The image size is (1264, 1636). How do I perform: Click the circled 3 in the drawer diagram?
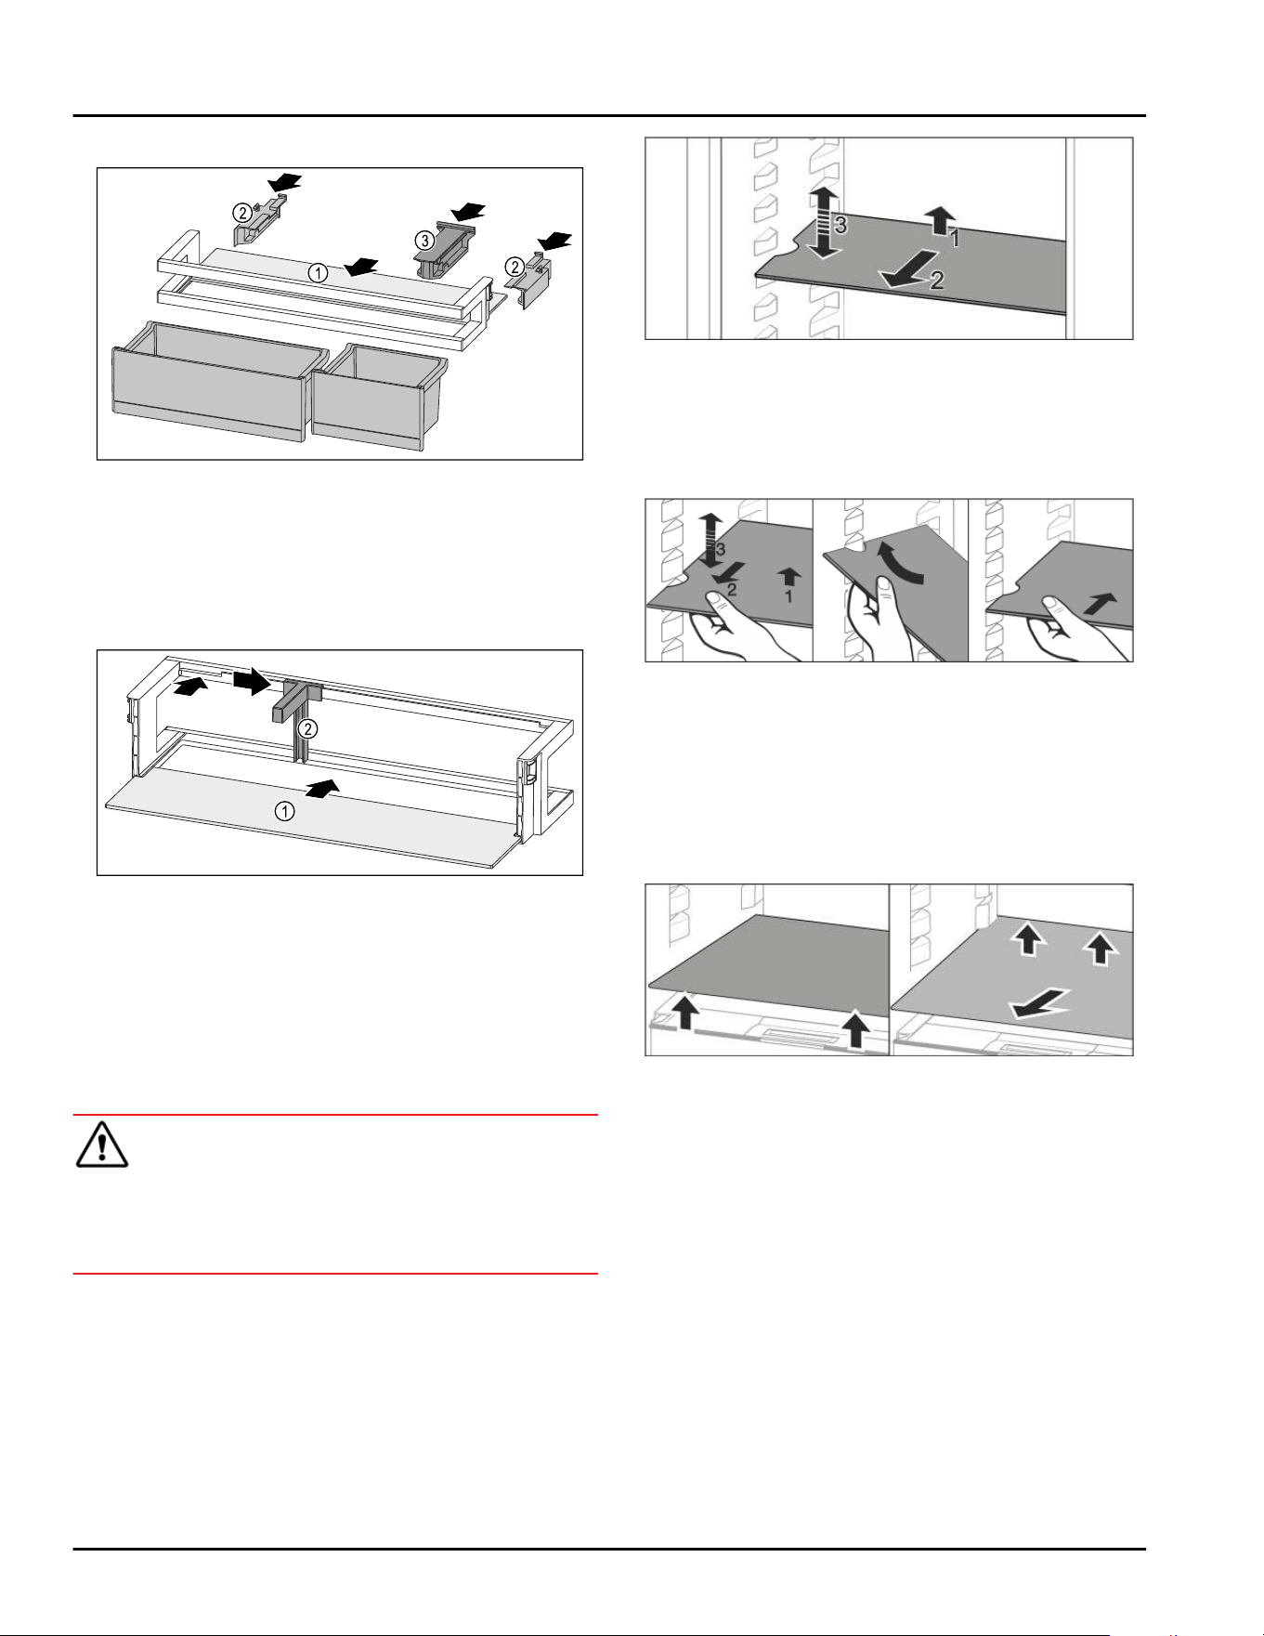click(x=424, y=241)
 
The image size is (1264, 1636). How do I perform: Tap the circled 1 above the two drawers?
click(x=318, y=273)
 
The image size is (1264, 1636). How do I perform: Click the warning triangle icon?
click(x=101, y=1145)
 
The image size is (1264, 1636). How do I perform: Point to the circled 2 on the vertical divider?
click(x=307, y=728)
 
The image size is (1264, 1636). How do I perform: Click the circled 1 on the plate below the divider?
click(x=284, y=811)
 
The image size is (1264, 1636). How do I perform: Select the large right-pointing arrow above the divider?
click(x=251, y=682)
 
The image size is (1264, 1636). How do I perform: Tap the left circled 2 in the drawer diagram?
click(x=241, y=213)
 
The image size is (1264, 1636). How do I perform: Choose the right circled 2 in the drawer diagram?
click(x=514, y=268)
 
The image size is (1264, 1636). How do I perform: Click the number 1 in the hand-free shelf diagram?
click(x=954, y=239)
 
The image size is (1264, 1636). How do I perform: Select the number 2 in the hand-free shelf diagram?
click(x=936, y=280)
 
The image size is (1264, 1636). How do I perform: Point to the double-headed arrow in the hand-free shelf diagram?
click(x=820, y=221)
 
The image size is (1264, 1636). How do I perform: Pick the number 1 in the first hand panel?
click(x=788, y=596)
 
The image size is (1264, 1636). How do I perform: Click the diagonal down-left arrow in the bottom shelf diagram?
click(x=1040, y=1003)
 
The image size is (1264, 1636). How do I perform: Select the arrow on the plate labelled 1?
click(x=323, y=789)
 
